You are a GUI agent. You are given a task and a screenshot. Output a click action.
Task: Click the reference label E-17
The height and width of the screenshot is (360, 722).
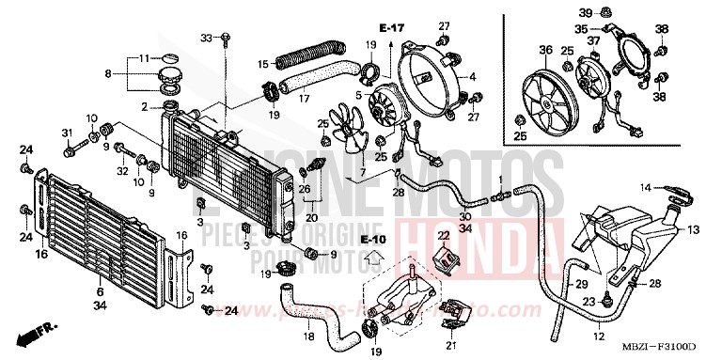tap(391, 27)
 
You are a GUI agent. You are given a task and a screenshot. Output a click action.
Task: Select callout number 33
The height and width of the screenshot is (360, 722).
tap(208, 37)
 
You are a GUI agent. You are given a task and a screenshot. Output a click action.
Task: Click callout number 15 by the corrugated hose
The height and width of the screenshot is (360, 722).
tap(264, 64)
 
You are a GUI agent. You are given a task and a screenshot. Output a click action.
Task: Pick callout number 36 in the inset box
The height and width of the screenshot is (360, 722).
tap(543, 50)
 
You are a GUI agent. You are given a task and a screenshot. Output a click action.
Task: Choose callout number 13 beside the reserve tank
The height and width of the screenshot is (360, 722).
tap(695, 228)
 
